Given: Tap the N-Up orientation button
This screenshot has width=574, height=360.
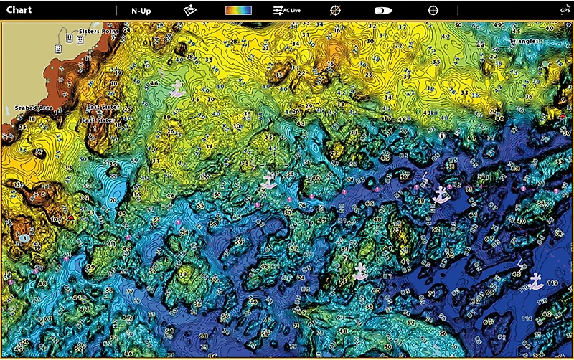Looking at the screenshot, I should click(x=141, y=11).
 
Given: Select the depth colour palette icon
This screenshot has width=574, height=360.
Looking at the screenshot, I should click(x=238, y=11).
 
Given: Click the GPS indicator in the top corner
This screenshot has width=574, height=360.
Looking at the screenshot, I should click(x=565, y=11).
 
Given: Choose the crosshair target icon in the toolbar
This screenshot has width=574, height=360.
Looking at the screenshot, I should click(x=433, y=11).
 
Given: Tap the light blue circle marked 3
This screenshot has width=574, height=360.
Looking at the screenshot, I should click(x=24, y=237).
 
